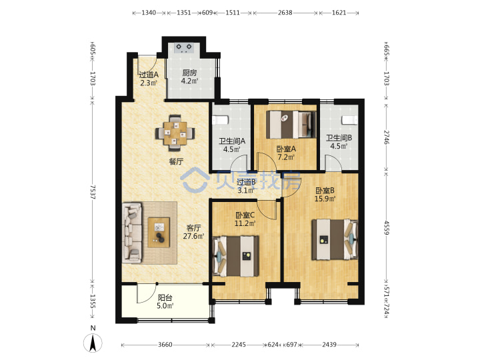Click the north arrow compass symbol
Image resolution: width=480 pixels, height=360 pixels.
[93, 343]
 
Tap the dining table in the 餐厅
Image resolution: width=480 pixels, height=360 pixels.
[175, 133]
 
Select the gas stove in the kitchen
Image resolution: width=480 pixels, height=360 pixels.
[184, 47]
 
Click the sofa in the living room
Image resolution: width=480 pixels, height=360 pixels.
[132, 233]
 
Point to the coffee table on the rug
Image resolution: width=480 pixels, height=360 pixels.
[159, 233]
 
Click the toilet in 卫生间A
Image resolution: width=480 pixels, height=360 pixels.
[220, 120]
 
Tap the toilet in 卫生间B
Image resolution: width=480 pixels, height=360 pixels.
[349, 120]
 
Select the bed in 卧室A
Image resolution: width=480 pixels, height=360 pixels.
[291, 125]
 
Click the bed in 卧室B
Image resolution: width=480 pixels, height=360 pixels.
[335, 240]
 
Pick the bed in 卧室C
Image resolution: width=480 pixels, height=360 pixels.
[236, 256]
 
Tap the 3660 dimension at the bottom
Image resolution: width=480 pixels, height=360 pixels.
[165, 345]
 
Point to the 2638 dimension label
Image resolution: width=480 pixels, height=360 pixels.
[285, 13]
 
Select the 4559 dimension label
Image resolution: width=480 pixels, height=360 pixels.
[386, 228]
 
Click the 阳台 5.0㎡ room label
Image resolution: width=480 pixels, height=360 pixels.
[165, 301]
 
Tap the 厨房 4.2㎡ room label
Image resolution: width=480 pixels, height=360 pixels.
[189, 77]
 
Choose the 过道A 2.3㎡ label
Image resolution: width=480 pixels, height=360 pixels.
[149, 79]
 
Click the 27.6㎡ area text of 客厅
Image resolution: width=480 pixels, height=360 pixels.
[193, 236]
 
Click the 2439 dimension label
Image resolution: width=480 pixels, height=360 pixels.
[329, 345]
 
